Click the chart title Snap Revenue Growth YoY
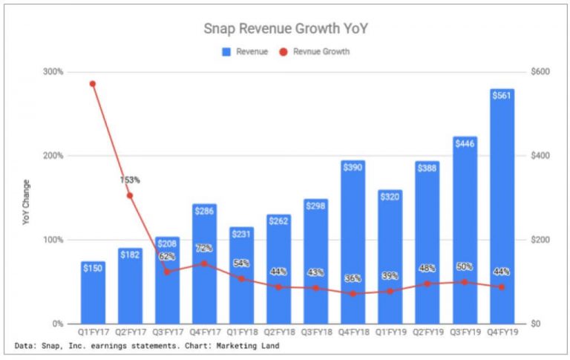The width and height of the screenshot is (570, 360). tap(285, 29)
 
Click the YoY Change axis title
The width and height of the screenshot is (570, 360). tap(27, 202)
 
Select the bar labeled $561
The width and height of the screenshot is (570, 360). tap(502, 208)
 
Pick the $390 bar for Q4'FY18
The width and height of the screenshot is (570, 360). tap(353, 245)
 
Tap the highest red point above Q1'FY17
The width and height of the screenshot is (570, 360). tap(93, 84)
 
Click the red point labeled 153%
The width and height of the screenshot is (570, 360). tap(130, 196)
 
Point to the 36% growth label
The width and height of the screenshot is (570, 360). tap(353, 278)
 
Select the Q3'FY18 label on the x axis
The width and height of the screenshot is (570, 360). tap(315, 333)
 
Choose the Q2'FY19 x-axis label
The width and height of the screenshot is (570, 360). tap(427, 333)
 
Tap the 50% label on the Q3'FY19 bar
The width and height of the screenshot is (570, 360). tap(465, 266)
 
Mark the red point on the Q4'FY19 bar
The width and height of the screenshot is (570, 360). tap(502, 287)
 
